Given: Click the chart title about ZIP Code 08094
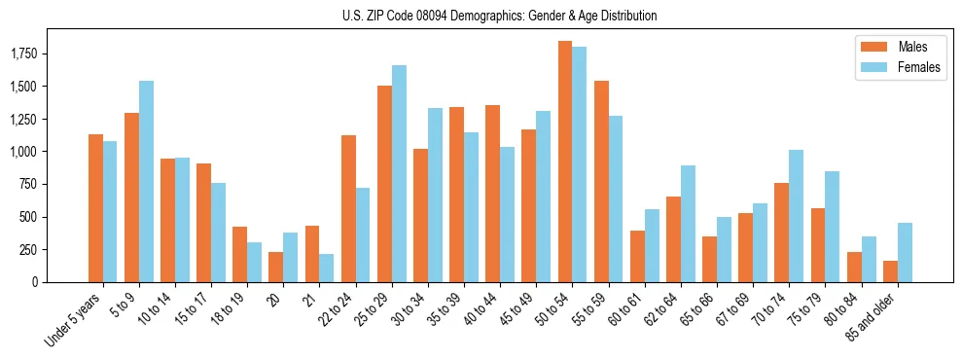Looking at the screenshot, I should (x=499, y=16).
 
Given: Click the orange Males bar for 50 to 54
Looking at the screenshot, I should (x=564, y=162).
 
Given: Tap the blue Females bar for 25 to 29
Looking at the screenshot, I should (x=399, y=173).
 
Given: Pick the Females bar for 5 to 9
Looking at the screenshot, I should (x=146, y=181).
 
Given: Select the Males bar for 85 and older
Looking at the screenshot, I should (x=890, y=271).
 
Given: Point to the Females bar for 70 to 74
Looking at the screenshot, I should (x=796, y=216).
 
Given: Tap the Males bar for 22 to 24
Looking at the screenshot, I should (x=348, y=208).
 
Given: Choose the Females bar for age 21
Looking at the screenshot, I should (x=327, y=269).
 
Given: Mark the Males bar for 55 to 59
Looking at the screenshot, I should (x=600, y=181).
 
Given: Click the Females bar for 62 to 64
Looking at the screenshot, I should (x=688, y=224).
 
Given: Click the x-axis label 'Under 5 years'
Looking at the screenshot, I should (x=73, y=321).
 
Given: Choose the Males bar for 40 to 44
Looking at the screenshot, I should (x=492, y=194).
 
